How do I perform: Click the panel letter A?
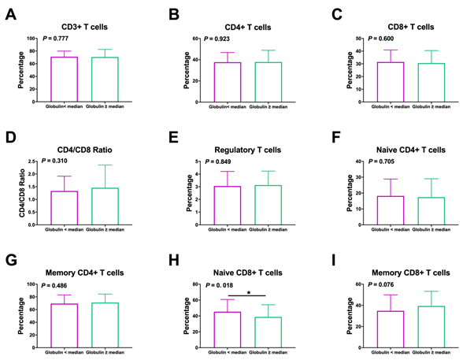[x=10, y=14]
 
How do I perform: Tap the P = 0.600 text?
[x=380, y=39]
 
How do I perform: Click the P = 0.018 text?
[x=221, y=285]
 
